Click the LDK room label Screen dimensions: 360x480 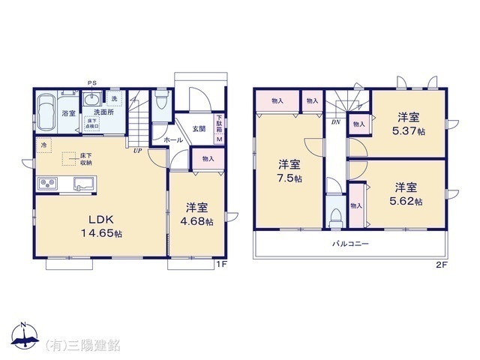[x=101, y=220]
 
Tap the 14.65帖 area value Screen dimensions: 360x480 [x=101, y=233]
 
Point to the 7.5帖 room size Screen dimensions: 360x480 [x=289, y=178]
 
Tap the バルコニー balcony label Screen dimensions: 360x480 [x=351, y=244]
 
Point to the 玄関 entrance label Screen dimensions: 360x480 [x=198, y=128]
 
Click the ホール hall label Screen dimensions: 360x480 [x=172, y=139]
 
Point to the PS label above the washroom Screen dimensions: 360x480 [x=92, y=83]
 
